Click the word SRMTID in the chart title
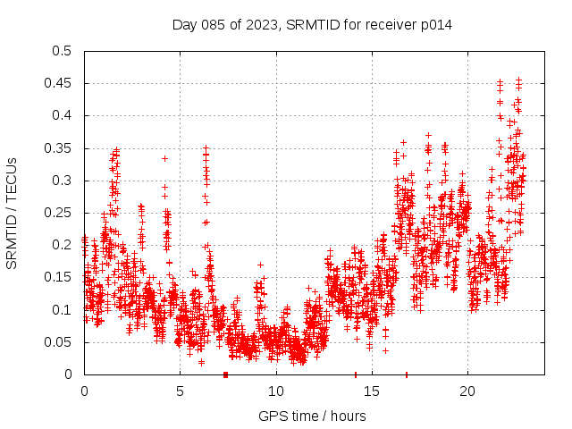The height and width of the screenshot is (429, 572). pos(308,25)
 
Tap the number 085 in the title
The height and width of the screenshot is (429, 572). pos(215,25)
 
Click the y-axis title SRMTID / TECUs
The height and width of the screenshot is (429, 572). pos(12,213)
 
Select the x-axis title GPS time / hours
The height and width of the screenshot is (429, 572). pos(312,416)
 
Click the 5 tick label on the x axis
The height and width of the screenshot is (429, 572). pos(180,391)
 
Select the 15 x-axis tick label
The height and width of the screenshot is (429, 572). pos(371,391)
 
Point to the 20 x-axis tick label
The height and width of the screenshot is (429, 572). pos(467,391)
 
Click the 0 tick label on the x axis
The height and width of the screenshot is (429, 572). pos(84,391)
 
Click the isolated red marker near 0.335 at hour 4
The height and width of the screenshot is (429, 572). pos(164,158)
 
